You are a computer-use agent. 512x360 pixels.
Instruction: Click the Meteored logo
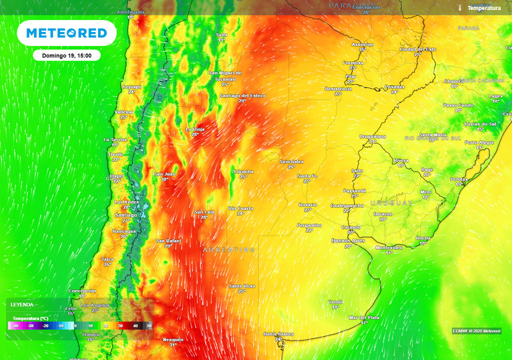point(66,33)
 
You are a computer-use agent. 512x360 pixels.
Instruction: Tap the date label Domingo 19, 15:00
point(66,55)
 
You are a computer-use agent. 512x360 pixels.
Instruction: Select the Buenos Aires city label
point(348,240)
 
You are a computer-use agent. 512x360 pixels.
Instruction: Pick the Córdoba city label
point(243,171)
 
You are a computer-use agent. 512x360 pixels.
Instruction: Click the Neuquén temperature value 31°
point(173,344)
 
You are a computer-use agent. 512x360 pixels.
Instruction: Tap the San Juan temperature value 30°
point(164,179)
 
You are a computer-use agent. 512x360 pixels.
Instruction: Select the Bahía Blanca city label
point(278,333)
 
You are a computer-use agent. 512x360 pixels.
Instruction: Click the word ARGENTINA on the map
point(228,249)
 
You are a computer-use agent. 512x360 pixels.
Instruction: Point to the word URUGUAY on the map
point(391,203)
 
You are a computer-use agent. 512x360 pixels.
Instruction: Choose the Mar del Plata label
point(364,317)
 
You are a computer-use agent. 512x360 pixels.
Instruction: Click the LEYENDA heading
point(22,304)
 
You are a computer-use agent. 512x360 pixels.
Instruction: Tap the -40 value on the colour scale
point(15,326)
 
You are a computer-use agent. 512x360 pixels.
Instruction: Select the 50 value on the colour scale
point(149,326)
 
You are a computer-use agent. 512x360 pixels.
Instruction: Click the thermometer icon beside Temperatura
point(459,8)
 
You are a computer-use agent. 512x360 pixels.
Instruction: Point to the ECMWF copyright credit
point(476,331)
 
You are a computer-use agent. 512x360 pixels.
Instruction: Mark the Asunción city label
point(362,44)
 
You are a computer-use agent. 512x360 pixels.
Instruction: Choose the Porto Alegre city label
point(479,142)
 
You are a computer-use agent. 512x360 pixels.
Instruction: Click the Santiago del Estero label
point(242,95)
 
